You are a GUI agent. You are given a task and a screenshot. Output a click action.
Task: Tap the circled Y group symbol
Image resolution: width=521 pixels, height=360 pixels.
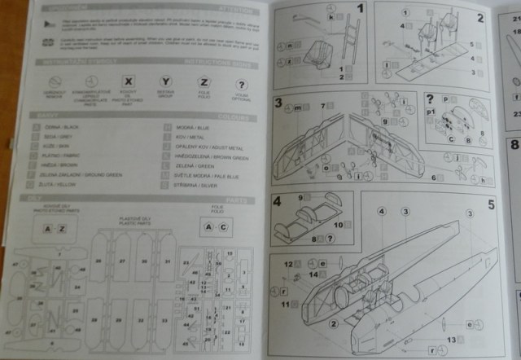pos(165,82)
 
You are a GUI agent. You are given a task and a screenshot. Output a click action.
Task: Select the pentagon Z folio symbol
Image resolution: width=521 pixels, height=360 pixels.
pos(204,82)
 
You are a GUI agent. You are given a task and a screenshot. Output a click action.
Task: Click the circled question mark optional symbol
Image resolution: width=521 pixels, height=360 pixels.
pos(241,84)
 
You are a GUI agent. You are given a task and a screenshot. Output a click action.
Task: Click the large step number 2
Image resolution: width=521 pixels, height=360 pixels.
pos(480,17)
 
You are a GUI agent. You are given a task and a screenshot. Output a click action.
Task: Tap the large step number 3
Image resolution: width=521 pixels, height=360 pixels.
pos(278,103)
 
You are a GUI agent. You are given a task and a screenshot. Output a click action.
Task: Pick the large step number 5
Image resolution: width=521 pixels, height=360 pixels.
pos(491,204)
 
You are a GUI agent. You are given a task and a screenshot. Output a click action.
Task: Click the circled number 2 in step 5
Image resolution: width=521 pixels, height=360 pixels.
pos(334,323)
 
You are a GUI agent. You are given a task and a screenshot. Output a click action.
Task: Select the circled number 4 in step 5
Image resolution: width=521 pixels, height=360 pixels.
pos(381,211)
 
